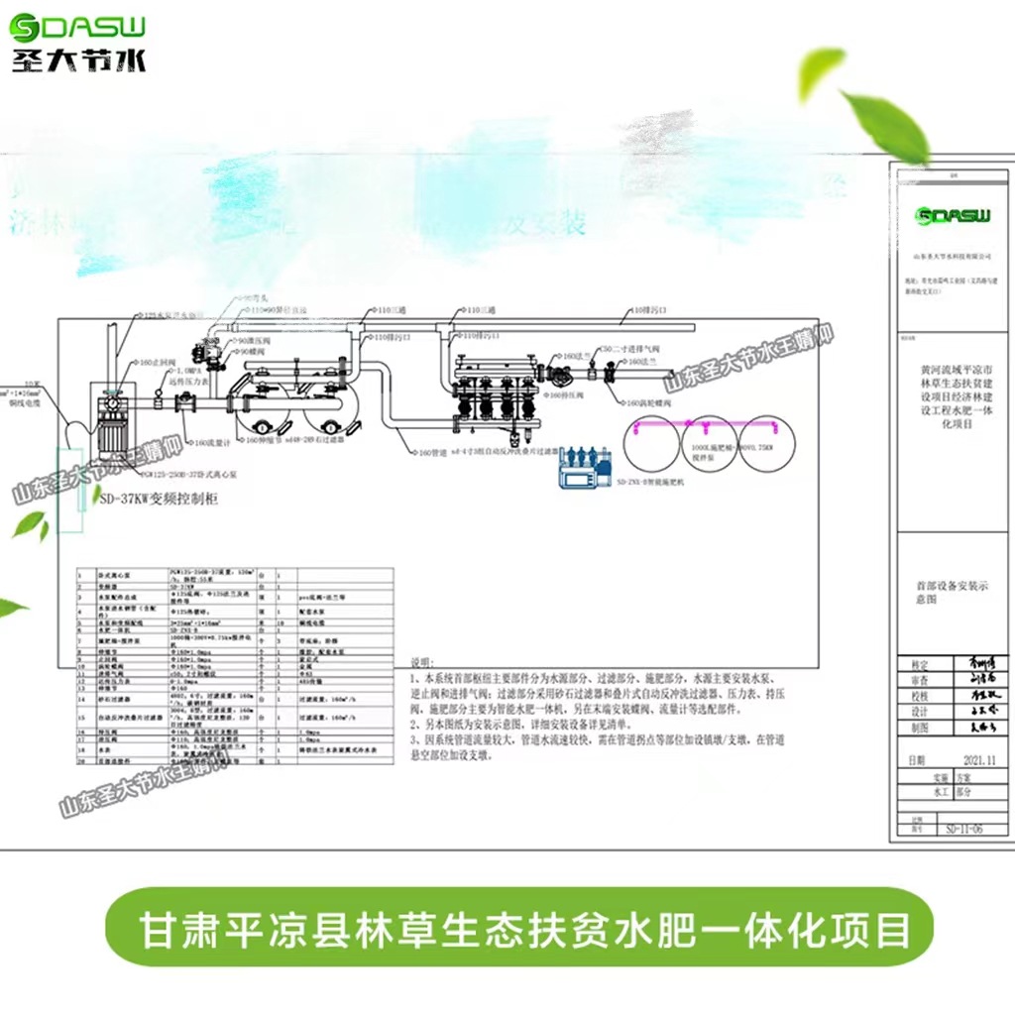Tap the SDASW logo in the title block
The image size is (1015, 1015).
(x=954, y=216)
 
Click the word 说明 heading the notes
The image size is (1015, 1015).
(x=422, y=663)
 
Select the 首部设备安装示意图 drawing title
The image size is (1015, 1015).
(x=952, y=593)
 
